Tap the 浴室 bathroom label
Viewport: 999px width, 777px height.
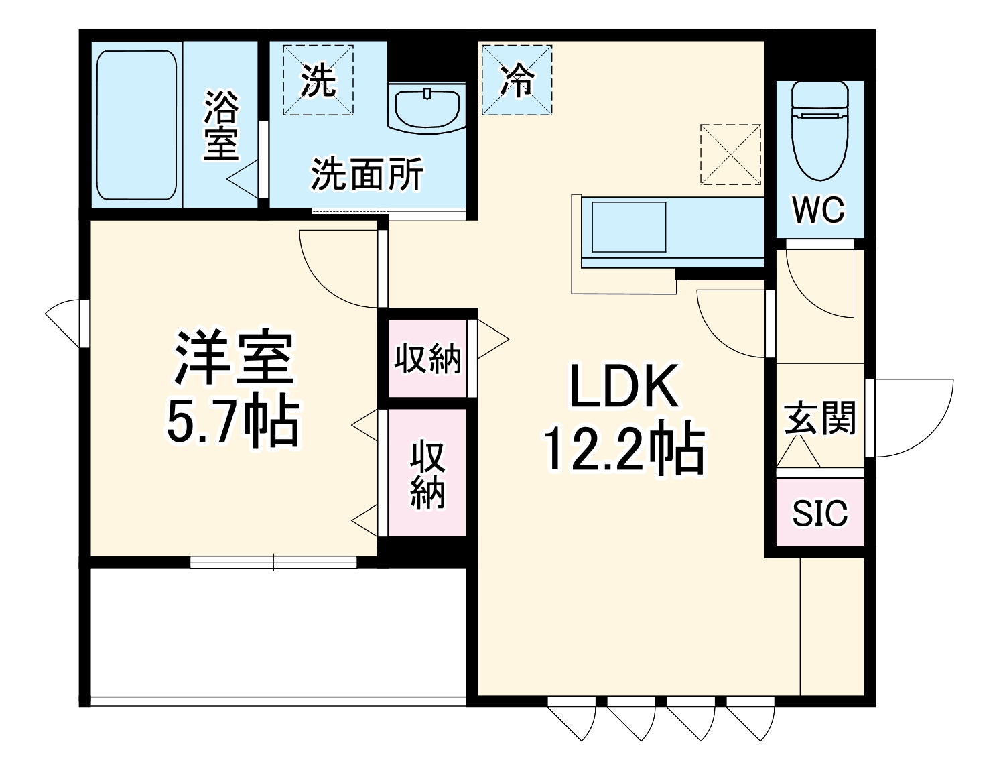221,125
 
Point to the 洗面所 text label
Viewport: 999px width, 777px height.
367,175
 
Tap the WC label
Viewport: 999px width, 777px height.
819,210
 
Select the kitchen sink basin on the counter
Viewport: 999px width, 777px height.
628,227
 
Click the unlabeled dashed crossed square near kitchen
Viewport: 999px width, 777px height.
730,154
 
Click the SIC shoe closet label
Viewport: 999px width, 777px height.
819,513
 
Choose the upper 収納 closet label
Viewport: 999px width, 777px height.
427,359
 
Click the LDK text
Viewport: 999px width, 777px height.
623,387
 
